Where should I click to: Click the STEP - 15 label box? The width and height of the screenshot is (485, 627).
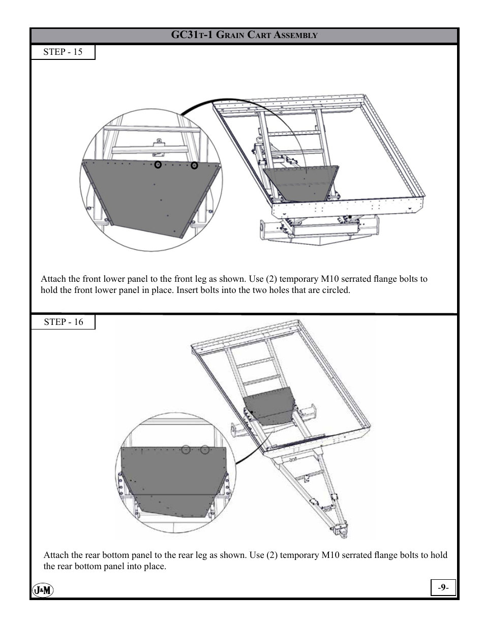63,52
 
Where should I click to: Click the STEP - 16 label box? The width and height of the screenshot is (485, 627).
63,322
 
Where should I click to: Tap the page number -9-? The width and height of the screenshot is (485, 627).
443,587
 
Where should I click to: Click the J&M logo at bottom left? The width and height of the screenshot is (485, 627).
43,590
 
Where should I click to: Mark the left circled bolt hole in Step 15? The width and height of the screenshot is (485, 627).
158,164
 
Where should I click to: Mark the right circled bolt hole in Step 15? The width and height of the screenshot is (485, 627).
194,165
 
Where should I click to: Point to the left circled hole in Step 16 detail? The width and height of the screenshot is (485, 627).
186,450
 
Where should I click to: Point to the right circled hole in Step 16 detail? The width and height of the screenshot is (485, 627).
205,450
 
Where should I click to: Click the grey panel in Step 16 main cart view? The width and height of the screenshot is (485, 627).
269,406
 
